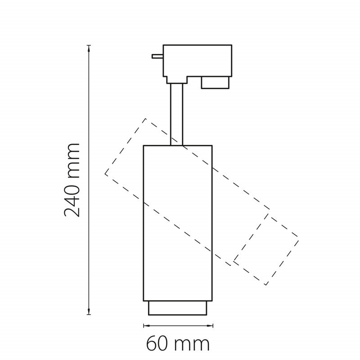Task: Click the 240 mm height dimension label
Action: (x=72, y=180)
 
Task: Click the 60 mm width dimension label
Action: (x=178, y=344)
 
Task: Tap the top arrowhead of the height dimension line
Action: (x=89, y=48)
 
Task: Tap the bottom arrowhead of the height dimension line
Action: (x=89, y=311)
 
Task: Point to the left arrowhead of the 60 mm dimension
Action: (x=147, y=325)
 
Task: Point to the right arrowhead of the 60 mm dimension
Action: (x=209, y=325)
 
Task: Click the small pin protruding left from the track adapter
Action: (x=157, y=56)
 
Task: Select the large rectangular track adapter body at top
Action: (x=198, y=61)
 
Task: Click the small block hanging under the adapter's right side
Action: (x=216, y=82)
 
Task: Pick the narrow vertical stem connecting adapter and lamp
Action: (x=176, y=114)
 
